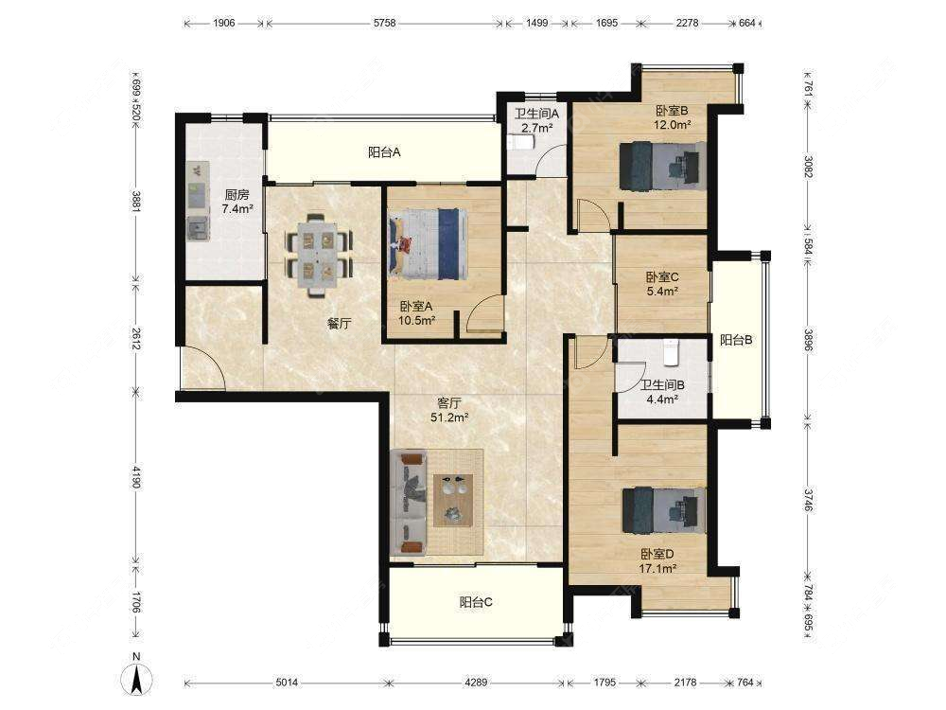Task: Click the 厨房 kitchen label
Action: coord(236,194)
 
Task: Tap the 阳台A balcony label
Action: coord(384,152)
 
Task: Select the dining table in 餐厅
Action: coord(319,255)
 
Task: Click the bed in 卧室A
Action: coord(429,243)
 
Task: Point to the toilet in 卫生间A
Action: coord(520,143)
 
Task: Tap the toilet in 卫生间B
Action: coord(671,352)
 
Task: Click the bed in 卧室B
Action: coord(663,166)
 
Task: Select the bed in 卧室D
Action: coord(664,511)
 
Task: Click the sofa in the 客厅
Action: coord(409,503)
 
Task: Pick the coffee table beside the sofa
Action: coord(453,500)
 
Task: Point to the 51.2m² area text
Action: coord(449,417)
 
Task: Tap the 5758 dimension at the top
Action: coord(384,23)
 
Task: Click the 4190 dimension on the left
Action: coord(137,477)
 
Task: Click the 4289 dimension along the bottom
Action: coord(476,683)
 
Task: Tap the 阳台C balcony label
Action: coord(476,602)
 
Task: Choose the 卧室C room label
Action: coord(662,277)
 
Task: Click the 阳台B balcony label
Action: coord(736,340)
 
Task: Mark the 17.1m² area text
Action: coord(657,568)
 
